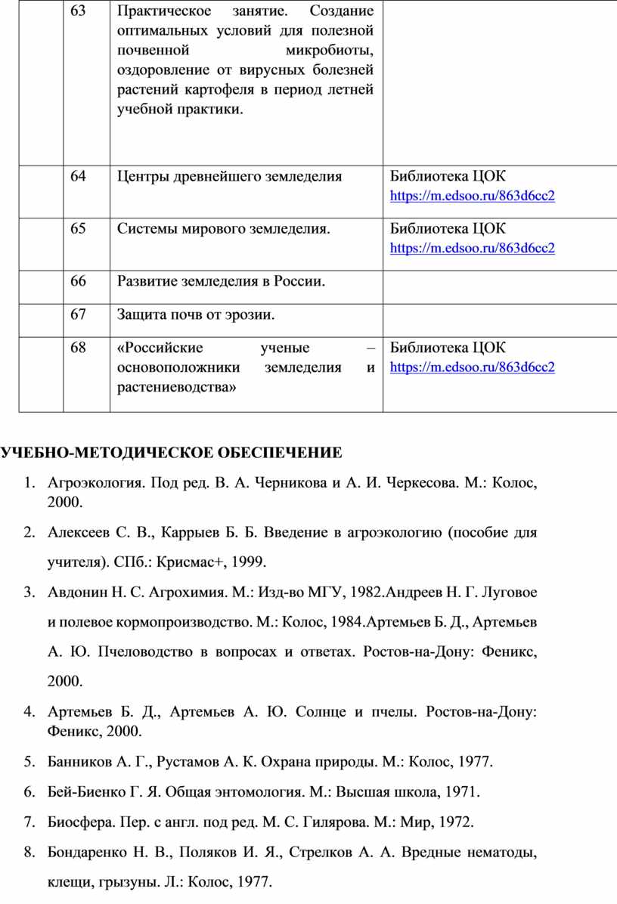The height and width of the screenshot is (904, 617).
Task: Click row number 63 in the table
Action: click(x=79, y=13)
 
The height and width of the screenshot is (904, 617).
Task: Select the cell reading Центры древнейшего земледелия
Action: click(x=229, y=177)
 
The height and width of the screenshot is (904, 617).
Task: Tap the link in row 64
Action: click(x=472, y=197)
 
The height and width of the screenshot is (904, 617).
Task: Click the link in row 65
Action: click(x=472, y=248)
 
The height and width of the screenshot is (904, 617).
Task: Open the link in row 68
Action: click(x=472, y=367)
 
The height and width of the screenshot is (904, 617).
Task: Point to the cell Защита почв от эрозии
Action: click(x=196, y=314)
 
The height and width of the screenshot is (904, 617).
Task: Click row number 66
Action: click(x=79, y=282)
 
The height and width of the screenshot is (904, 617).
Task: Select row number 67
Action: click(x=79, y=314)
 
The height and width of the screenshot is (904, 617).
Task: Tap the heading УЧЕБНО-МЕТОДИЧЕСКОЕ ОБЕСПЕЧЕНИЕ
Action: click(x=171, y=453)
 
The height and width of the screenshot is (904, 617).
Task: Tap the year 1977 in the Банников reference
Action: click(x=476, y=761)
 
